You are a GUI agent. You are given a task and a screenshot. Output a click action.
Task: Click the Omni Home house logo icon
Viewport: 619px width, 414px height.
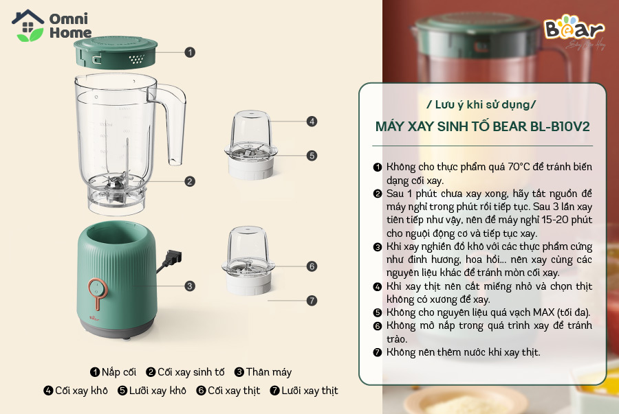tap(28, 25)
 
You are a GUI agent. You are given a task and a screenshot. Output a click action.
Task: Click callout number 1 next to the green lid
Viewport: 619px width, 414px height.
tap(190, 52)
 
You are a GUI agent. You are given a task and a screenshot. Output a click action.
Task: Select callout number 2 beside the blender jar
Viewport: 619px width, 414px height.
tap(190, 181)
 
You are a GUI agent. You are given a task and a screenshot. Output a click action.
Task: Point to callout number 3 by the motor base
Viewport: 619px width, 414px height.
tap(190, 286)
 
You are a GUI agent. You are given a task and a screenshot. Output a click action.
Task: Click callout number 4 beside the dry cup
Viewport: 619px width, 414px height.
tap(312, 122)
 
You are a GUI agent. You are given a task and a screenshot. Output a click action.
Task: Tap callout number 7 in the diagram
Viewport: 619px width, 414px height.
tap(312, 301)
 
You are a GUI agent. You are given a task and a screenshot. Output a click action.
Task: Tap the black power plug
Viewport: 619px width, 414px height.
tap(174, 258)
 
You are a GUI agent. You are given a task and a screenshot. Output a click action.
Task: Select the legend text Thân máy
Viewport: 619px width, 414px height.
tap(269, 372)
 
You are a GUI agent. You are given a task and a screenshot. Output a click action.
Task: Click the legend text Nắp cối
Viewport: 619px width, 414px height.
tap(119, 372)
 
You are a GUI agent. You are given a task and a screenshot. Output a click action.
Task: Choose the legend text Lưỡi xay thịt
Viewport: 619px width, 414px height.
tap(310, 391)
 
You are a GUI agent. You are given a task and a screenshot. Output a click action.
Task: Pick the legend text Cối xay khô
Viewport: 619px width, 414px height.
tap(81, 391)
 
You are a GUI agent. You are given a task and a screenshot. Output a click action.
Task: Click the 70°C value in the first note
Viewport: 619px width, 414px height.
tap(519, 167)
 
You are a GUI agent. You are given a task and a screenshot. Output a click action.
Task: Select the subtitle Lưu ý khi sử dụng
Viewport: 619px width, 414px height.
tap(482, 105)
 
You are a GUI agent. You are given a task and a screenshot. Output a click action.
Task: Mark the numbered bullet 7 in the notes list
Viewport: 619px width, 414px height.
tap(378, 352)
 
